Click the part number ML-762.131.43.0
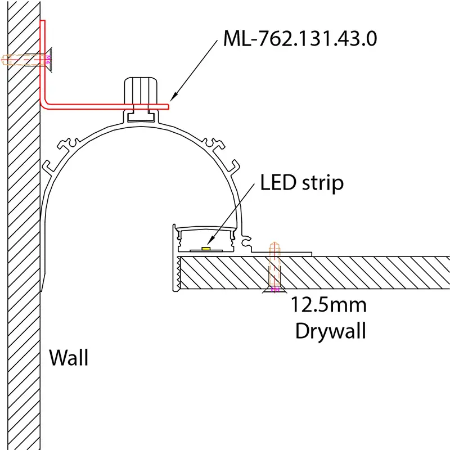[x=300, y=39]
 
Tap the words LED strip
[x=301, y=183]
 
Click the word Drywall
[x=331, y=331]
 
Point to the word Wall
[x=69, y=358]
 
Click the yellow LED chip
[x=207, y=247]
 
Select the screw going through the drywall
[x=274, y=267]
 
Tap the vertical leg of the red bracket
[x=43, y=62]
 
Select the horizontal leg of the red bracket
[x=107, y=105]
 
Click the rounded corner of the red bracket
[x=46, y=102]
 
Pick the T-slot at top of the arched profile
[x=140, y=116]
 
